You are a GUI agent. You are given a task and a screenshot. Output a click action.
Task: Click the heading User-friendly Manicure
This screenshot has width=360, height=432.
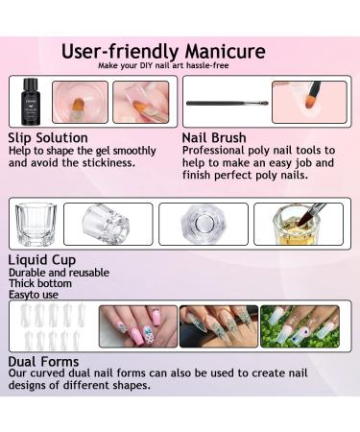tap(164, 51)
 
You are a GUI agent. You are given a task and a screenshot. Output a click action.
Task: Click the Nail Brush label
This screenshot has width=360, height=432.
tap(213, 137)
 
